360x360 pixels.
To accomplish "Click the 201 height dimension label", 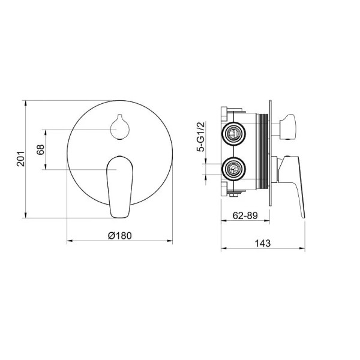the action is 20,158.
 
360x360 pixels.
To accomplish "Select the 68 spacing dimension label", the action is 41,149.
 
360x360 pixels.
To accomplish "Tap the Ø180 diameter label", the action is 120,236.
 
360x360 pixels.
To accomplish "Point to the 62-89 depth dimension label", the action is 245,215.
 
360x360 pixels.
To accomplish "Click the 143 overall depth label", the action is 263,244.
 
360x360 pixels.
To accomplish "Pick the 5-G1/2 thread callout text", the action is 200,137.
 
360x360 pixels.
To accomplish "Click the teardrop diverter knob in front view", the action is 120,127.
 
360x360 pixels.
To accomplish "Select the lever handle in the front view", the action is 120,187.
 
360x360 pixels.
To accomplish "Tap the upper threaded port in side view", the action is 234,133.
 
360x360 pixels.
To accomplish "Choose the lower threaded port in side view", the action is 234,169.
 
